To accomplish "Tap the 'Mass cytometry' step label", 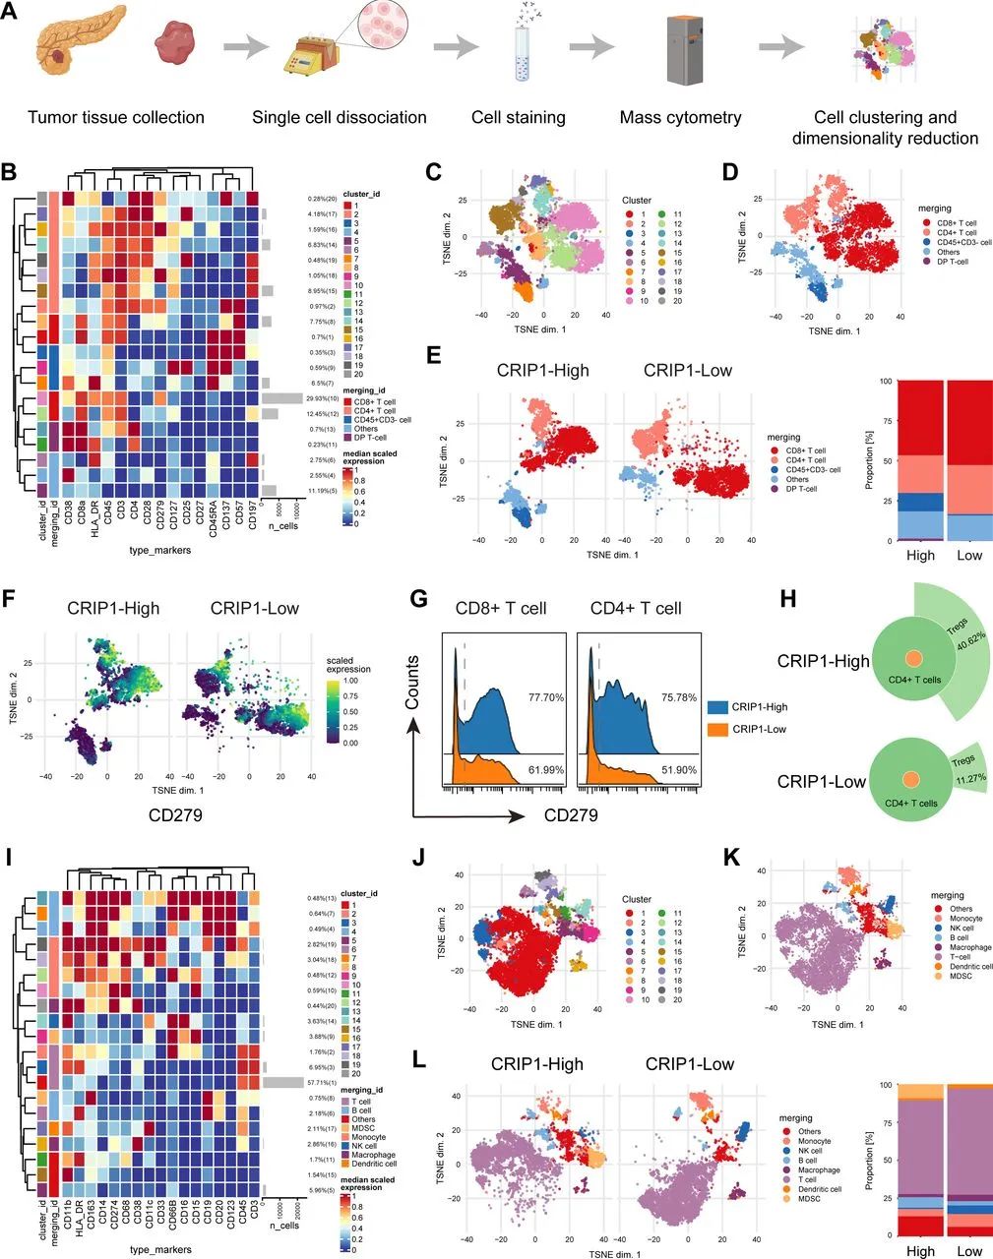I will [x=680, y=118].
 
